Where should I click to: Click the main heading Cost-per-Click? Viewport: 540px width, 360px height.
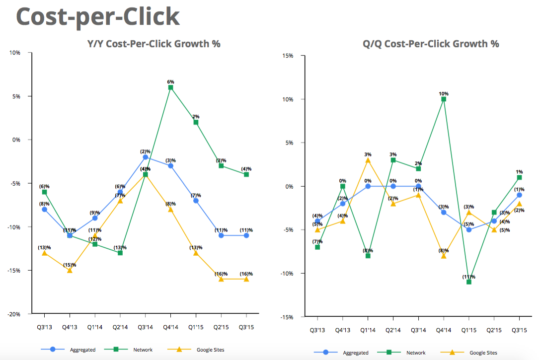[x=98, y=17]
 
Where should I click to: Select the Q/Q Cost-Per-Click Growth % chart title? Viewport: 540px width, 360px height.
[x=430, y=44]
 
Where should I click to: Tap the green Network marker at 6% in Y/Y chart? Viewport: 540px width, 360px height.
[x=170, y=87]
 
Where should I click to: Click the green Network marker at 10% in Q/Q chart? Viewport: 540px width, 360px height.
[x=444, y=99]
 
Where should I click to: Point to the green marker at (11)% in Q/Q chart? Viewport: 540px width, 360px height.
[x=469, y=282]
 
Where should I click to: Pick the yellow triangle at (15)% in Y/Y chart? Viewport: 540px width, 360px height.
[x=70, y=270]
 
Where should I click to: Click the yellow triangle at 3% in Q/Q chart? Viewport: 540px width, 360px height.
[x=368, y=160]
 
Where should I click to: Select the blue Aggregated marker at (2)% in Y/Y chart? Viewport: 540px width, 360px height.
[x=145, y=157]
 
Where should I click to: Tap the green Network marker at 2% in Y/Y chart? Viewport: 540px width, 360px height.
[x=196, y=122]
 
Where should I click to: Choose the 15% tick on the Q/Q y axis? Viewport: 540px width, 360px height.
[x=287, y=56]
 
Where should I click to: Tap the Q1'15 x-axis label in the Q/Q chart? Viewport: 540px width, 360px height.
[x=469, y=330]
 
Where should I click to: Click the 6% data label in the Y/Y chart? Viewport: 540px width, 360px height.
[x=170, y=81]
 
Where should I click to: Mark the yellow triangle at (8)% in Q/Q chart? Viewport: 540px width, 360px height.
[x=444, y=256]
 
